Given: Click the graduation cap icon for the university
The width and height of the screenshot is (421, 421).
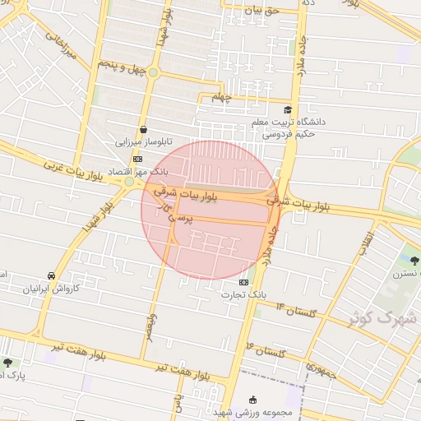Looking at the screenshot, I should (x=287, y=109).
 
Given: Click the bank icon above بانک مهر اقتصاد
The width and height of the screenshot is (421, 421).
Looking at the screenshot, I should (x=137, y=159).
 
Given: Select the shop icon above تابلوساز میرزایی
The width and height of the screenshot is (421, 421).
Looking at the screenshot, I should (x=144, y=129).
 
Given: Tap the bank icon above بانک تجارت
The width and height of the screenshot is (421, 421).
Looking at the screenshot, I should (x=242, y=281).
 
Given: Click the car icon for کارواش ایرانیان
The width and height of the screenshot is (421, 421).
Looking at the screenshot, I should (x=52, y=276).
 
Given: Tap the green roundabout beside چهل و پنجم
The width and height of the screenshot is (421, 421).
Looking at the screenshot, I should (x=153, y=72).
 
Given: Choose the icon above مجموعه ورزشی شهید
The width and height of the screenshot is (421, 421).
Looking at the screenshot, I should (x=252, y=400).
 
